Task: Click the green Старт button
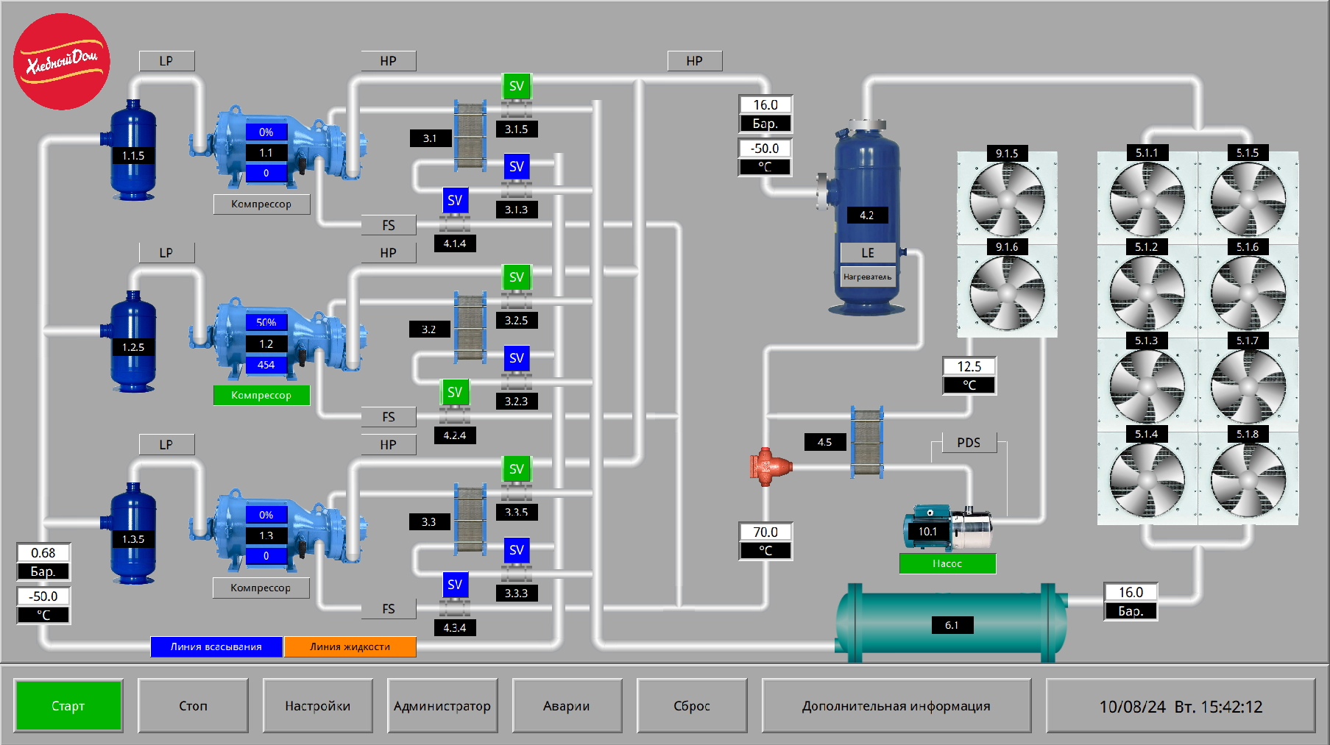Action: pos(68,706)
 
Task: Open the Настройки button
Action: pos(317,706)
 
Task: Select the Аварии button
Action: pos(567,706)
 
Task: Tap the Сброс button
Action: pos(691,706)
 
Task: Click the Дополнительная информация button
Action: pos(896,706)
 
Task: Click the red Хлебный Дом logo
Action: pos(62,62)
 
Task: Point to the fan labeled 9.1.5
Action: pos(1007,199)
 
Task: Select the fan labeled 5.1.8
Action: pos(1248,480)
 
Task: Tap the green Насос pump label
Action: pos(947,563)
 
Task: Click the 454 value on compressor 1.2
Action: pos(266,365)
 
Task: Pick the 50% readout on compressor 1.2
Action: pos(266,322)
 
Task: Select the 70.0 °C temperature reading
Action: pos(765,532)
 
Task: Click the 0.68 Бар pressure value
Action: pos(43,553)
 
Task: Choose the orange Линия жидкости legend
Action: pos(350,646)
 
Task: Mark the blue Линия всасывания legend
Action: pos(216,646)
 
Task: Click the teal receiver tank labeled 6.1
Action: pos(951,624)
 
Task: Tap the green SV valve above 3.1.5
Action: pos(517,86)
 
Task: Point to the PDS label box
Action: pos(969,443)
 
